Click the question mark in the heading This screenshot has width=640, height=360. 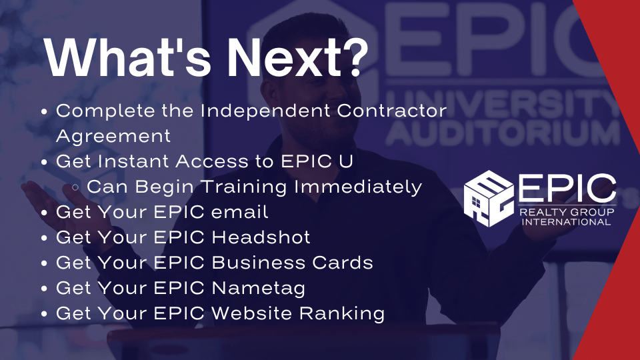(x=353, y=57)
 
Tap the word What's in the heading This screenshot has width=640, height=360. (x=127, y=57)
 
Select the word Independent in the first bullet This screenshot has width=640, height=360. (x=265, y=111)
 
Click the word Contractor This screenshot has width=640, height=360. (x=392, y=111)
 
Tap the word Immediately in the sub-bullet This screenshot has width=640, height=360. (x=358, y=187)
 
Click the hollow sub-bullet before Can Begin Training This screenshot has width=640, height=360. (x=75, y=187)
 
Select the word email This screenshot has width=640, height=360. (x=239, y=212)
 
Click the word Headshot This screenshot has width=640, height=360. (x=261, y=237)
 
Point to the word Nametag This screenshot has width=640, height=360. (x=259, y=289)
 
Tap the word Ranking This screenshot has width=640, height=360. (x=342, y=314)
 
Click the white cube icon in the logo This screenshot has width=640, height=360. (x=489, y=199)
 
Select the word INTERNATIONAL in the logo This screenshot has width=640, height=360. (x=566, y=222)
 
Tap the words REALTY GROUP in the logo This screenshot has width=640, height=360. (x=567, y=212)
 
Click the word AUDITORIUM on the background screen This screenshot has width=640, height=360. (x=503, y=133)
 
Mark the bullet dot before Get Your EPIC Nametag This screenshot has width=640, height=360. (x=45, y=289)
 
